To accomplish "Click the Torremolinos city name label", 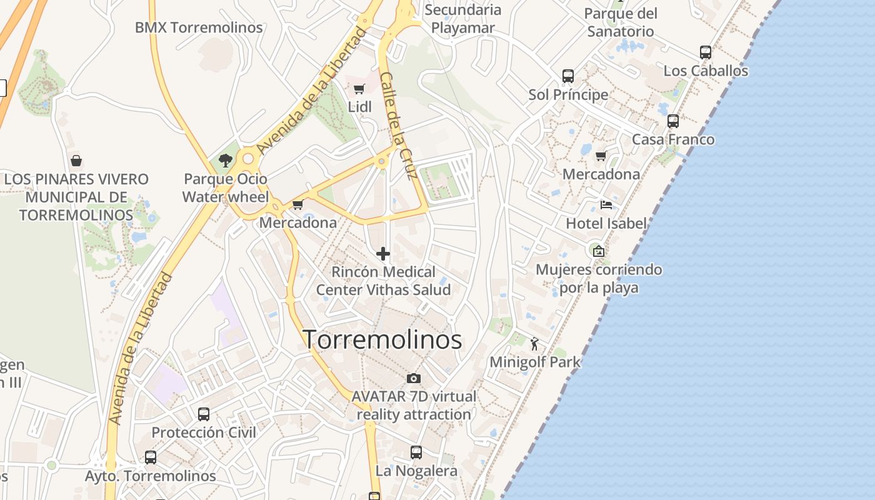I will pyautogui.click(x=382, y=340).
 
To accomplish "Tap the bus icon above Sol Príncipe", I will pyautogui.click(x=568, y=76).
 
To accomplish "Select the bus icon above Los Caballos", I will pyautogui.click(x=706, y=52).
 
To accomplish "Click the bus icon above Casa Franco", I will pyautogui.click(x=673, y=121).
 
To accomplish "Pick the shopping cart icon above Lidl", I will pyautogui.click(x=359, y=89).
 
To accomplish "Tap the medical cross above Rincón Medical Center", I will pyautogui.click(x=383, y=254).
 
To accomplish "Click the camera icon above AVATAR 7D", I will pyautogui.click(x=413, y=378).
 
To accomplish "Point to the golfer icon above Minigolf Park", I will pyautogui.click(x=534, y=344).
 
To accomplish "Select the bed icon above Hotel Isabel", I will pyautogui.click(x=606, y=204).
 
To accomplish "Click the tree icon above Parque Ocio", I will pyautogui.click(x=226, y=161).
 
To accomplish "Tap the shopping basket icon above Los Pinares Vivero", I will pyautogui.click(x=76, y=161).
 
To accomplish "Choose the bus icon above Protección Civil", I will pyautogui.click(x=204, y=414).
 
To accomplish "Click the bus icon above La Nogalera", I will pyautogui.click(x=416, y=452).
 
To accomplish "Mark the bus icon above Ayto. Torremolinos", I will pyautogui.click(x=151, y=457).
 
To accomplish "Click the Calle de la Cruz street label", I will pyautogui.click(x=398, y=126).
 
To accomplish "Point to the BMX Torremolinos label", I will pyautogui.click(x=199, y=27).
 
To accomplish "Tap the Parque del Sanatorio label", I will pyautogui.click(x=621, y=22).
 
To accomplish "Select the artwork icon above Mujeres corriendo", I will pyautogui.click(x=599, y=251).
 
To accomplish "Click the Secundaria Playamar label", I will pyautogui.click(x=463, y=19).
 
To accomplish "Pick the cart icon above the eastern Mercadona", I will pyautogui.click(x=601, y=156).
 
